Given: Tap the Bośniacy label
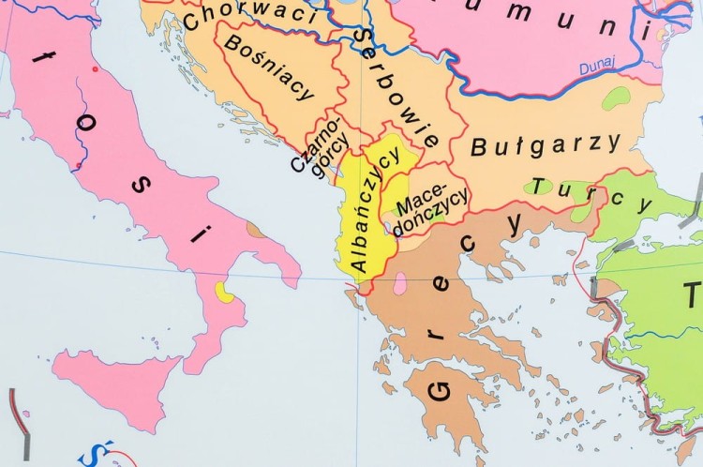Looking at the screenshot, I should (x=269, y=72).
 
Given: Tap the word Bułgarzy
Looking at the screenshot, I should (x=546, y=145).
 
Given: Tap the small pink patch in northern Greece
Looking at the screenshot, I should (x=400, y=282).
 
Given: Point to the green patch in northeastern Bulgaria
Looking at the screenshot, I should (x=616, y=98).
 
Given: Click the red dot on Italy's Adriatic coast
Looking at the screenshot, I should (x=95, y=69).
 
